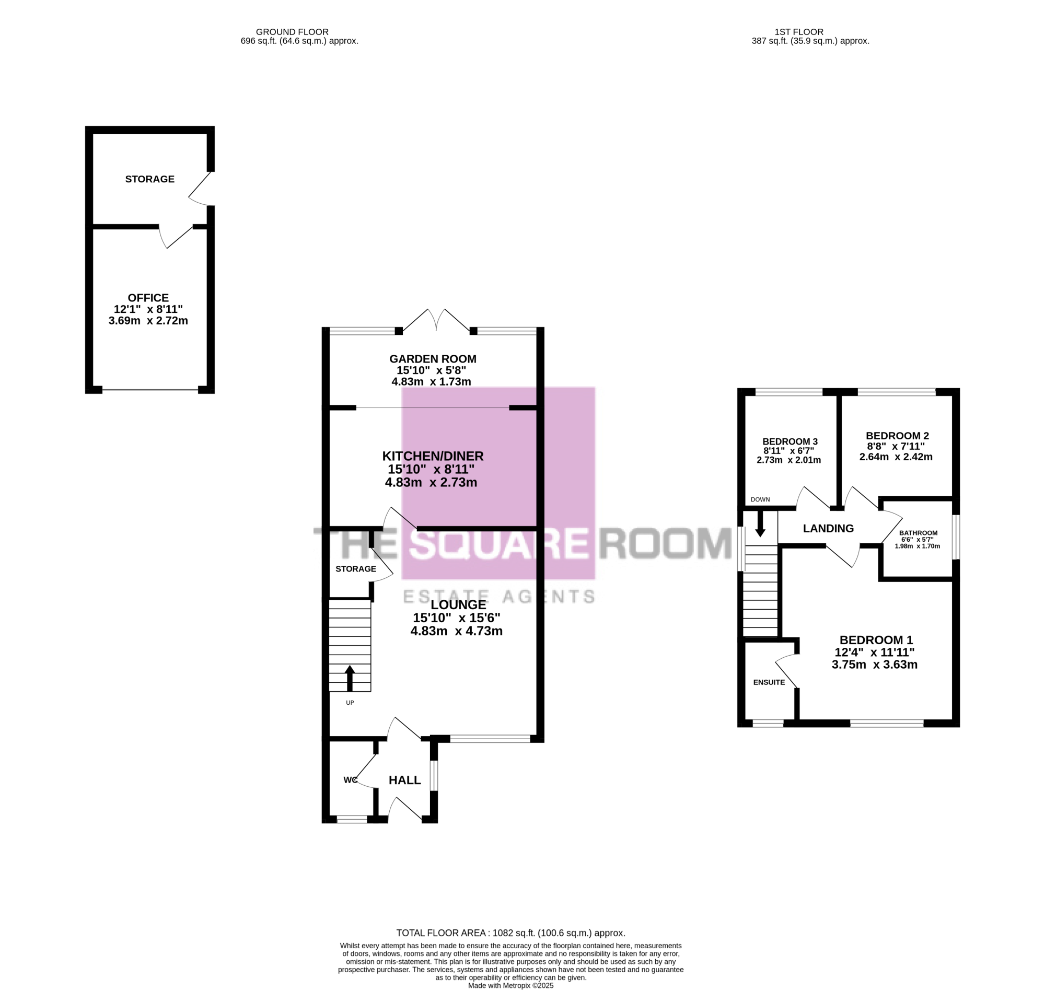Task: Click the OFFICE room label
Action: pos(148,298)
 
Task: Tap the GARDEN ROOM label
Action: pos(433,359)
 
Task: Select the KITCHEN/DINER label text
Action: pos(433,456)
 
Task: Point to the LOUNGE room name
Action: pos(459,605)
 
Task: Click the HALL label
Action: pos(405,780)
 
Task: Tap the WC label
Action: pos(351,780)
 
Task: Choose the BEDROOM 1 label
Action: pos(876,640)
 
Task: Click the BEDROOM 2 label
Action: pos(897,436)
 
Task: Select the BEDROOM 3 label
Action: pos(790,441)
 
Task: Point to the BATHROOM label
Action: pos(919,533)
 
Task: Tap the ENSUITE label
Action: pos(769,682)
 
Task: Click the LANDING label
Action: pos(828,528)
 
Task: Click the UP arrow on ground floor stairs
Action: pos(350,678)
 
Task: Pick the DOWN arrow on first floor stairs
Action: pos(760,524)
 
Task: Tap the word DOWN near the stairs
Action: pos(760,499)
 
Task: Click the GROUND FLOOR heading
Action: pos(293,32)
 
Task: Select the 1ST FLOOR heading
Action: pos(799,32)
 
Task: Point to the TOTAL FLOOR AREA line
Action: pos(511,933)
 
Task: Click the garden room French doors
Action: pos(436,320)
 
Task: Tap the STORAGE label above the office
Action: pos(150,179)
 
